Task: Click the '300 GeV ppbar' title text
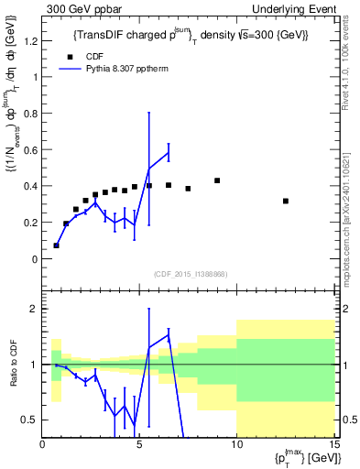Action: tap(76, 8)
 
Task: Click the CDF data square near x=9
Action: tap(217, 180)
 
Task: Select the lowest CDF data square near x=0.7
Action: tap(56, 245)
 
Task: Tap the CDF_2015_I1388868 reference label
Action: tap(190, 274)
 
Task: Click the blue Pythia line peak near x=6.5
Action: tap(169, 152)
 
